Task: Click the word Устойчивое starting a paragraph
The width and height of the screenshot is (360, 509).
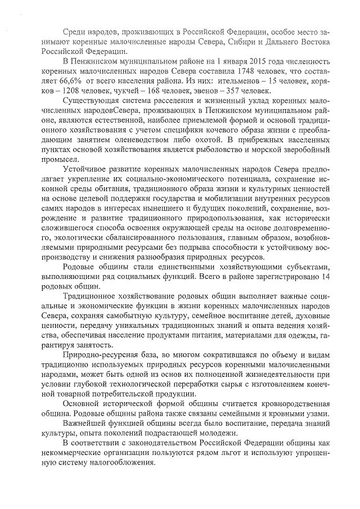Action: tap(88, 168)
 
